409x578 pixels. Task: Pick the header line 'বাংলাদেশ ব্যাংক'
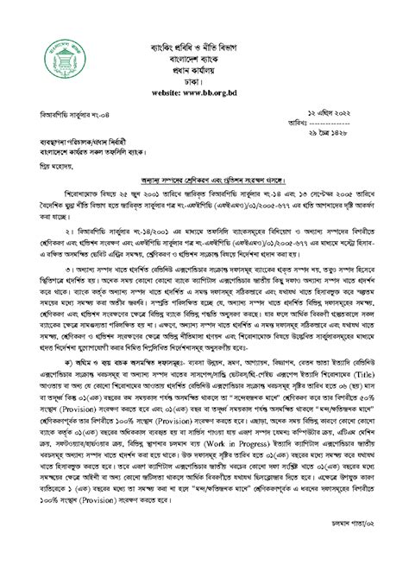tap(204, 32)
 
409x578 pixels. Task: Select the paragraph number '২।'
tap(44, 235)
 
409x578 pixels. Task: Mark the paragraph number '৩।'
tap(44, 292)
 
